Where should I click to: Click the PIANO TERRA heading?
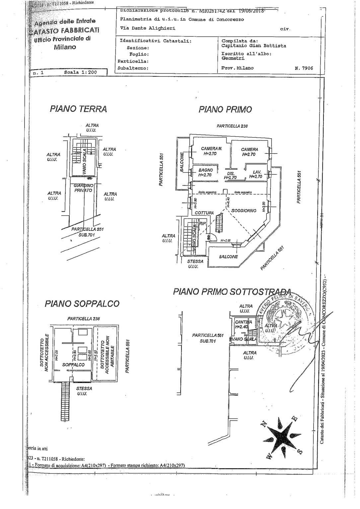(78, 109)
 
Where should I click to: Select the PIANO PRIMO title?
(225, 109)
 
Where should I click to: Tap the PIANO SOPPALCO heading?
(82, 303)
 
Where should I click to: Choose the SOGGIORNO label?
(244, 211)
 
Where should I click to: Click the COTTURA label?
(204, 213)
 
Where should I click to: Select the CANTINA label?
(243, 322)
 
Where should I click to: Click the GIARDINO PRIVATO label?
(83, 188)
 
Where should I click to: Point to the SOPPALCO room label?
(73, 365)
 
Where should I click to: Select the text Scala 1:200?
(80, 72)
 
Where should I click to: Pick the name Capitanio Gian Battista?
(253, 46)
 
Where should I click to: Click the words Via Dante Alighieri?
(148, 28)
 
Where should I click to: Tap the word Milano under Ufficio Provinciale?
(65, 47)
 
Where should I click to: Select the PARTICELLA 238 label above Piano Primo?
(232, 126)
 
